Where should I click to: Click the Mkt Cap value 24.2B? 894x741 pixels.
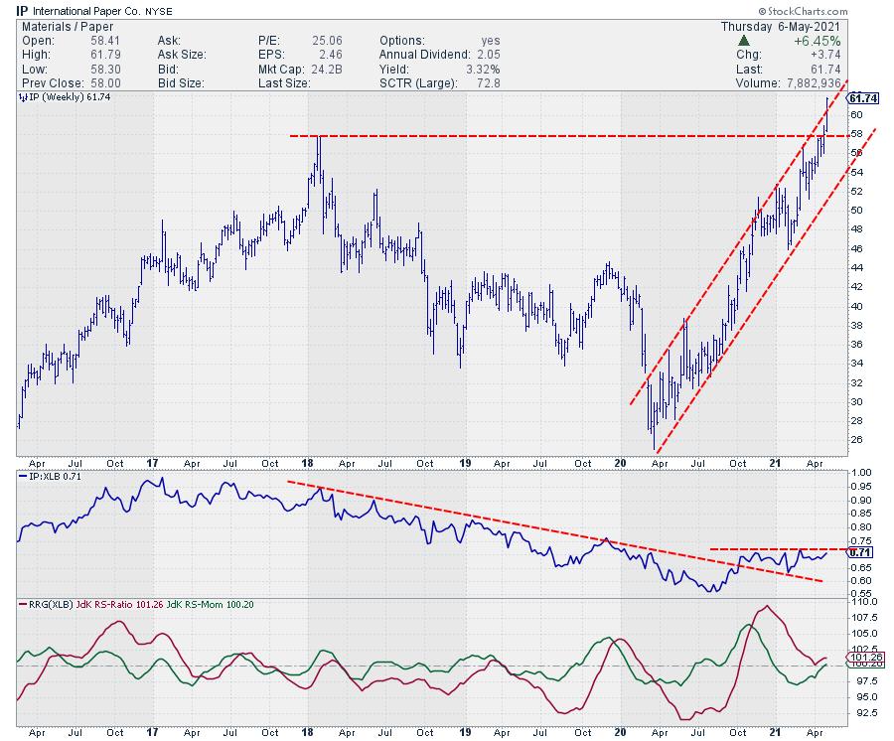[321, 69]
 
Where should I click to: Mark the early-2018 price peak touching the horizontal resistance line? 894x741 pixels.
[318, 138]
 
